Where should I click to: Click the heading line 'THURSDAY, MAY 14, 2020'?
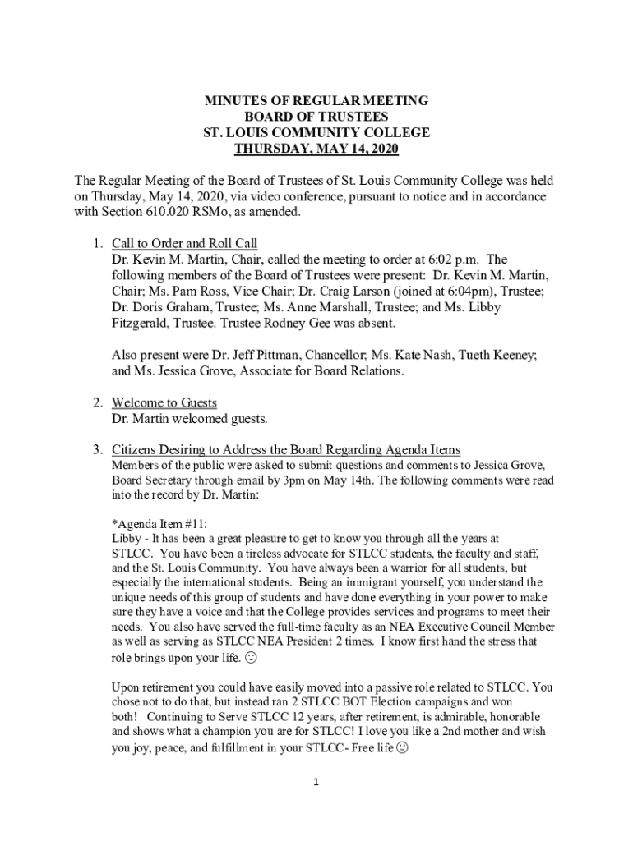coord(316,149)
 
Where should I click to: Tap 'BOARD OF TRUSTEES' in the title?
coord(316,117)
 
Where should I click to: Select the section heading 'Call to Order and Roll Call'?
coord(184,244)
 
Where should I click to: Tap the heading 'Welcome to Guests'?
coord(164,403)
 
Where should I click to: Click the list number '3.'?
coord(97,450)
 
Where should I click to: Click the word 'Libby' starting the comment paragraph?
coord(127,538)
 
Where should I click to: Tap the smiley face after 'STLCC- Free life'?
coord(401,748)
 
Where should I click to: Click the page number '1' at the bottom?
coord(316,782)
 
